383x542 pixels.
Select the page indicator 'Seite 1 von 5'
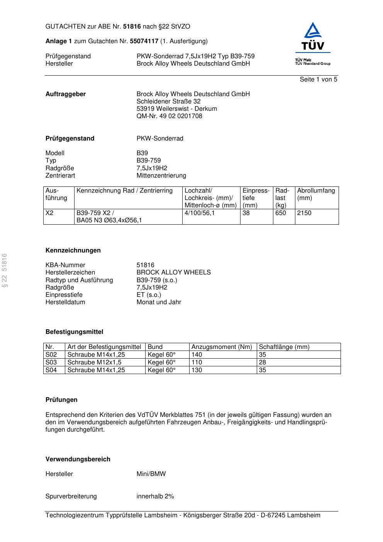[318, 80]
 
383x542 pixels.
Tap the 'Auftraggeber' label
[66, 94]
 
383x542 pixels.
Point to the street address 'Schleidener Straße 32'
[168, 102]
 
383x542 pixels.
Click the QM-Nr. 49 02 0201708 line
[169, 116]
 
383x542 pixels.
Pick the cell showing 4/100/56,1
[200, 213]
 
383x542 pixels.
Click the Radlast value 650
[281, 213]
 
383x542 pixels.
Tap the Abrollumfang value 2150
[304, 213]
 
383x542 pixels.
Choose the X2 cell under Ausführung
[49, 213]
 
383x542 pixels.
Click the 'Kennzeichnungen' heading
[73, 251]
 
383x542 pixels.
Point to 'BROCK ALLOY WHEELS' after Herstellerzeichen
[173, 273]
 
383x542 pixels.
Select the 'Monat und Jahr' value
[159, 302]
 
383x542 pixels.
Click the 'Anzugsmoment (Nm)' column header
[222, 347]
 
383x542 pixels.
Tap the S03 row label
[51, 362]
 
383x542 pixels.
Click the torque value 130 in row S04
[197, 370]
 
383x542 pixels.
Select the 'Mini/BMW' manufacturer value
[151, 474]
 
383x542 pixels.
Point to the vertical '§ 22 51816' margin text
[5, 270]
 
